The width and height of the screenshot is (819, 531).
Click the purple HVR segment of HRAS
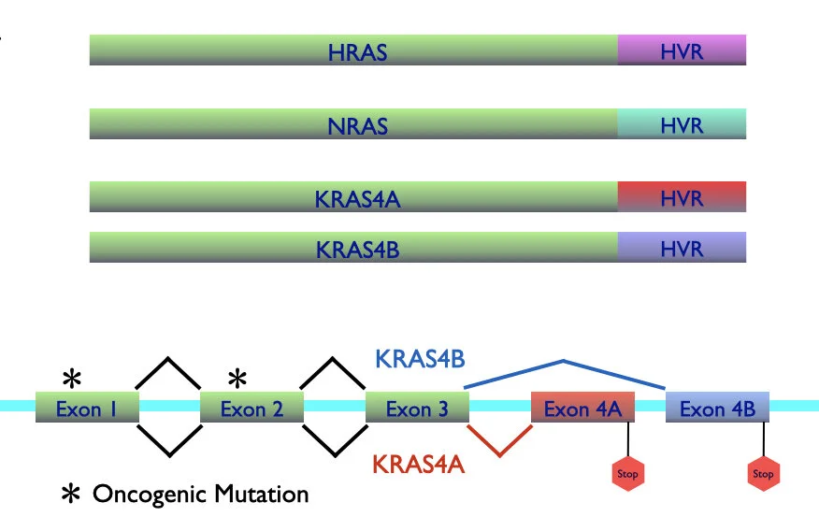pos(682,50)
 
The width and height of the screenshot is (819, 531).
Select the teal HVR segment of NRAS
pos(682,123)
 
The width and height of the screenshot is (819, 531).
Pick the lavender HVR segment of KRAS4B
pos(682,248)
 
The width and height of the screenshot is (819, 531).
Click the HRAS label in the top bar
pos(357,51)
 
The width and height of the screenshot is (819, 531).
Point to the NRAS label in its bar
pos(357,124)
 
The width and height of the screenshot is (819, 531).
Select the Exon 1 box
pos(86,408)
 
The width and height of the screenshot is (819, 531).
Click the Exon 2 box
pos(251,408)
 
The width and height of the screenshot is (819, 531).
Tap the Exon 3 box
pos(416,408)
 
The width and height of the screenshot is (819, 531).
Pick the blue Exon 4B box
pos(717,408)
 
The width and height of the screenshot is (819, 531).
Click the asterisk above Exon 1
pos(71,378)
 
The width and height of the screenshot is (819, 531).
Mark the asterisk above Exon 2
pos(237,378)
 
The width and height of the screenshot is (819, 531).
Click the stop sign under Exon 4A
pos(627,473)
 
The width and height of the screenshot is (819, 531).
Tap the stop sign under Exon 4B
pos(764,473)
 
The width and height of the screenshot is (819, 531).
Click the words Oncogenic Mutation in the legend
pos(200,493)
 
